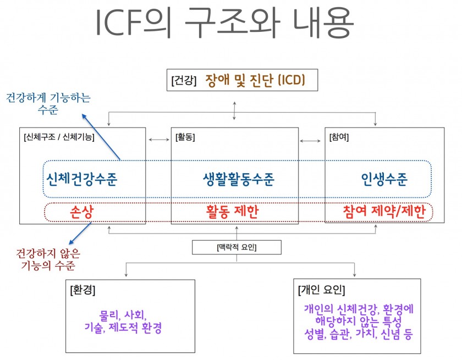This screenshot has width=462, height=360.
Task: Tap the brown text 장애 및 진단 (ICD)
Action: click(254, 80)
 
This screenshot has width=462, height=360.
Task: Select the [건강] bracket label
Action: click(184, 81)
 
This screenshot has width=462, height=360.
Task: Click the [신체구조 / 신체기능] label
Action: click(59, 137)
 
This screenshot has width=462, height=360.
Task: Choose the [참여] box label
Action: click(339, 137)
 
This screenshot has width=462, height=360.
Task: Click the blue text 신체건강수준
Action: click(82, 179)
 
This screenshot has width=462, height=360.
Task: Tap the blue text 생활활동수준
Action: click(238, 179)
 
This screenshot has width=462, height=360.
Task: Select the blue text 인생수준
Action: click(384, 179)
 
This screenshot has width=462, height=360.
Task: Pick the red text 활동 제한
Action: click(232, 212)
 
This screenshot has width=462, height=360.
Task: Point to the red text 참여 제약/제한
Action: click(384, 212)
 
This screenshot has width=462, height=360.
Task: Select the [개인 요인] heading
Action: click(322, 290)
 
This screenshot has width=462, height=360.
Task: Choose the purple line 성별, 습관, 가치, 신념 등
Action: click(358, 333)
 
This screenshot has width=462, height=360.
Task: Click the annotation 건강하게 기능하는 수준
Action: click(48, 104)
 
